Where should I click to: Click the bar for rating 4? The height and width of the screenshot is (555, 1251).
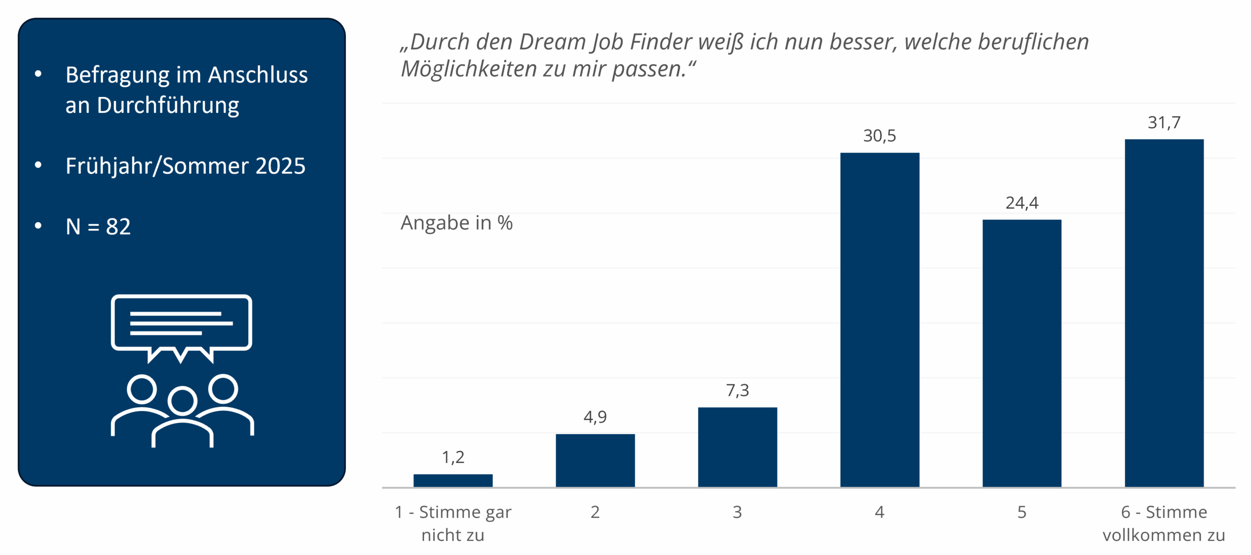(x=879, y=320)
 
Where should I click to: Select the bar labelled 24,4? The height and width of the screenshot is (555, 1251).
(x=1021, y=353)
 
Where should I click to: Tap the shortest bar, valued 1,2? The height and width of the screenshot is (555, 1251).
(x=453, y=480)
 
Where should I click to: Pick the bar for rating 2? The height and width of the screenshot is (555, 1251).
(x=595, y=460)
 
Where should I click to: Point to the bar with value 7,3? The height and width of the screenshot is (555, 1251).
(x=737, y=447)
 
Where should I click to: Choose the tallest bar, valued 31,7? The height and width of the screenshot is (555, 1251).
(x=1164, y=313)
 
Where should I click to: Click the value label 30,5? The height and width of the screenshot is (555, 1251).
(x=879, y=135)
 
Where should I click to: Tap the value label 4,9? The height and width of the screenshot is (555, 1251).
(x=595, y=417)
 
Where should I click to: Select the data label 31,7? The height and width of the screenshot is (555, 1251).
(x=1164, y=122)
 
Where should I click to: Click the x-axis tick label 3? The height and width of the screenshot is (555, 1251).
(x=737, y=512)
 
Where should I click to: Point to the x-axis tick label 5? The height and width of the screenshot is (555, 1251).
(x=1021, y=512)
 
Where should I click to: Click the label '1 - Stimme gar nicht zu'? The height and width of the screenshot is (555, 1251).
(x=453, y=523)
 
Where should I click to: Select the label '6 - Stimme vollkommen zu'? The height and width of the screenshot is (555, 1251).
(x=1164, y=523)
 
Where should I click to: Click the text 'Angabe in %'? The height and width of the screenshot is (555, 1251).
(x=456, y=223)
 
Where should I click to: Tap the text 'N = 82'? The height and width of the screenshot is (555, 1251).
(x=98, y=226)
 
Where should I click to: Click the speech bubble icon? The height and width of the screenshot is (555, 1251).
(x=181, y=325)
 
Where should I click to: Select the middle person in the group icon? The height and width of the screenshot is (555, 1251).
(x=182, y=416)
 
